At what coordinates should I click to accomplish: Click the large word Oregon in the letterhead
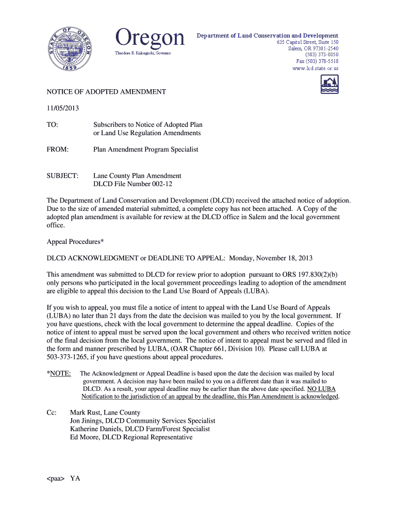[x=150, y=38]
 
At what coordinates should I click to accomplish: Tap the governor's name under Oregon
[x=142, y=53]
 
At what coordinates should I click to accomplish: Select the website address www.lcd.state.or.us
[x=315, y=68]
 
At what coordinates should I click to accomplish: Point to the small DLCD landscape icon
[x=329, y=84]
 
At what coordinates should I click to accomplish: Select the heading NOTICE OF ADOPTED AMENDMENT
[x=106, y=92]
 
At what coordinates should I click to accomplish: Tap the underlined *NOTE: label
[x=59, y=373]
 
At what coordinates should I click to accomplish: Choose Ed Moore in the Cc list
[x=84, y=437]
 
